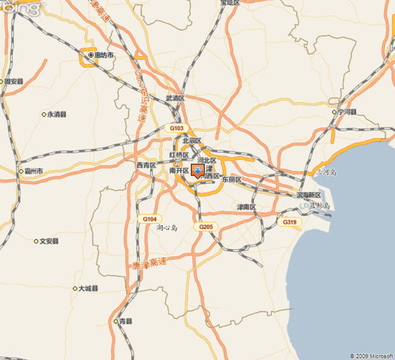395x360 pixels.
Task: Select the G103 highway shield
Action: pos(177,127)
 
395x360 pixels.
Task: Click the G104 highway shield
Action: pos(149,218)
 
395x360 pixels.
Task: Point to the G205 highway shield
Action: pos(205,227)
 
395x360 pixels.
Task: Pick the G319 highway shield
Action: pos(289,222)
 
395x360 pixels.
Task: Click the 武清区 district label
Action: pos(175,98)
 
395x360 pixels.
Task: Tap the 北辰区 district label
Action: pos(192,141)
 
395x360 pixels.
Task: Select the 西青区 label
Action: pos(146,165)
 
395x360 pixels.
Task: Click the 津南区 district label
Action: pos(247,207)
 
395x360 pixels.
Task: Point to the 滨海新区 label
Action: pos(309,195)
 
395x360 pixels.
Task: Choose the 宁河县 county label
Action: pos(345,112)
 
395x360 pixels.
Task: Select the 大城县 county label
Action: pos(85,288)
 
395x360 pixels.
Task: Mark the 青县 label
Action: pos(124,320)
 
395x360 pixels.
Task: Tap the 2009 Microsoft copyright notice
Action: pos(370,356)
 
